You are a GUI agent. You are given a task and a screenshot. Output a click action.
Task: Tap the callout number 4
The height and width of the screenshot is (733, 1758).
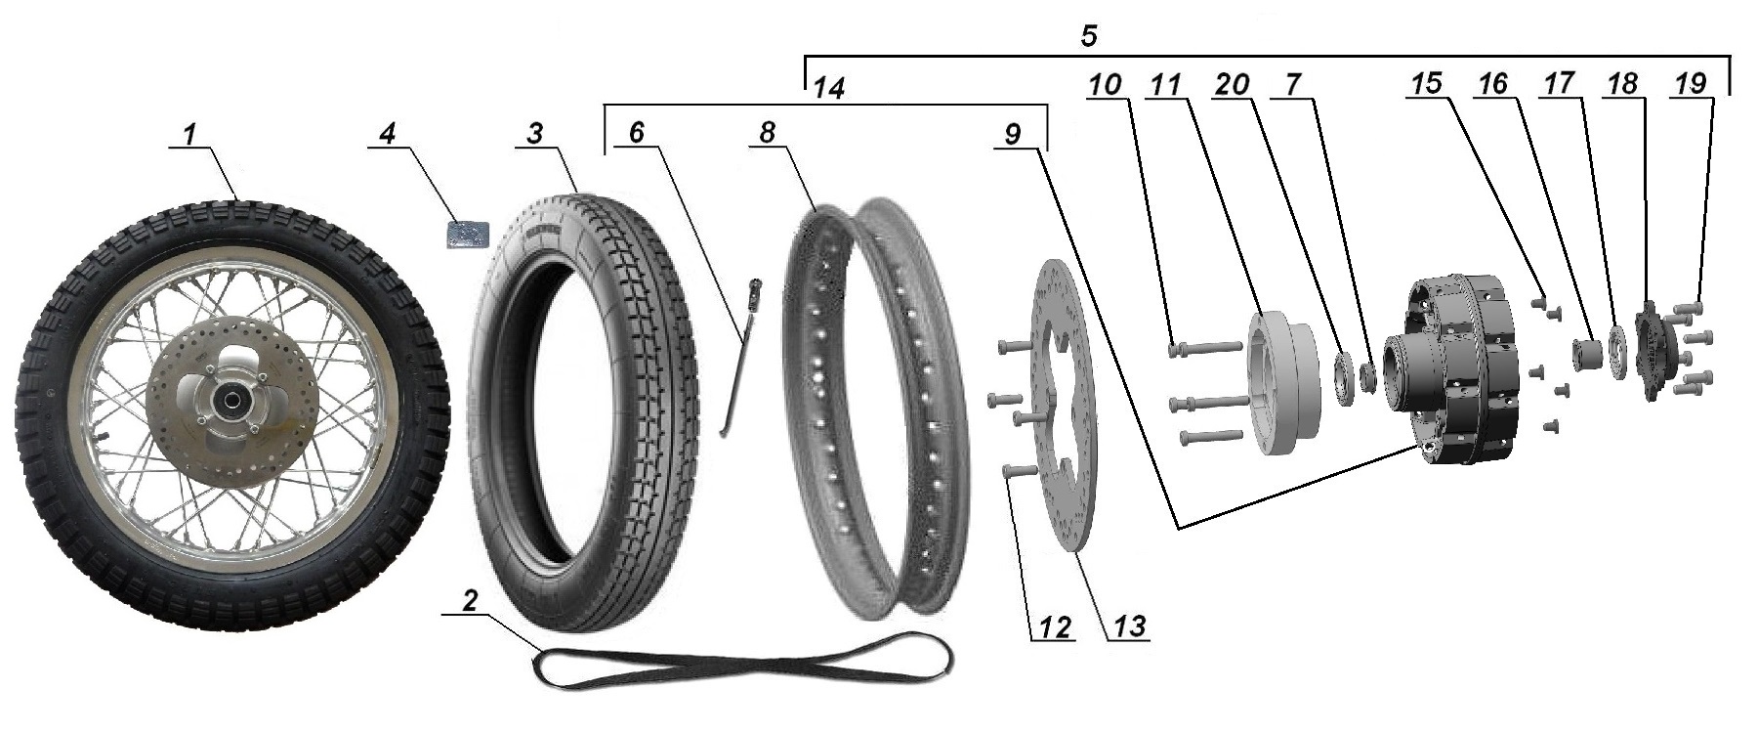(389, 134)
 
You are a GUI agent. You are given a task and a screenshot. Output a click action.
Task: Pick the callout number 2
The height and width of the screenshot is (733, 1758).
(470, 602)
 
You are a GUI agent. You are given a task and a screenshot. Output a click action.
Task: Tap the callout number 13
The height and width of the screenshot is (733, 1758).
(1128, 625)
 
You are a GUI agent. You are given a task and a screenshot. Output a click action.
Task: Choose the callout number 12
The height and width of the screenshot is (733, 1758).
(1055, 625)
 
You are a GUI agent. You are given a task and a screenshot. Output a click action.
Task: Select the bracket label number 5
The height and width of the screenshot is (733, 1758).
(1090, 37)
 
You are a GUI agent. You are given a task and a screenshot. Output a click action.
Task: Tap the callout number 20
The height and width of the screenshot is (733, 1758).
(1233, 85)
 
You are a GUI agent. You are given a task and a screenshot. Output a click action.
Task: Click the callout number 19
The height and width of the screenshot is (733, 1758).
(1691, 85)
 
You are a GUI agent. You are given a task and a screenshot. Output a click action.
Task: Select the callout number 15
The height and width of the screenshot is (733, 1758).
(1426, 85)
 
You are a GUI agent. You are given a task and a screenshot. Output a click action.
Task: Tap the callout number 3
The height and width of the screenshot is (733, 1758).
(533, 134)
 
